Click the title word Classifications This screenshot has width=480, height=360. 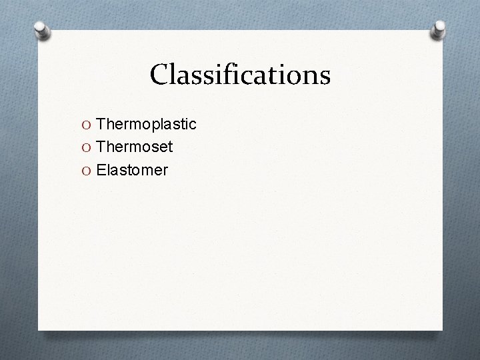point(240,75)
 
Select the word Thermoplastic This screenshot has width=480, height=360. point(146,124)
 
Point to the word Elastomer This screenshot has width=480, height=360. point(132,171)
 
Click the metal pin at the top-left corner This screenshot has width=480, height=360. point(41,31)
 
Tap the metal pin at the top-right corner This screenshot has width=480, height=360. point(440,30)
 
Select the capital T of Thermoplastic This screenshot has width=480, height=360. point(101,124)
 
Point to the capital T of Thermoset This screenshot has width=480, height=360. point(101,147)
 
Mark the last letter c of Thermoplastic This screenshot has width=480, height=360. point(192,125)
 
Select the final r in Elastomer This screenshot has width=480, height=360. point(165,172)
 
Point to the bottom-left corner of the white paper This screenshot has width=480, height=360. point(39,329)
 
